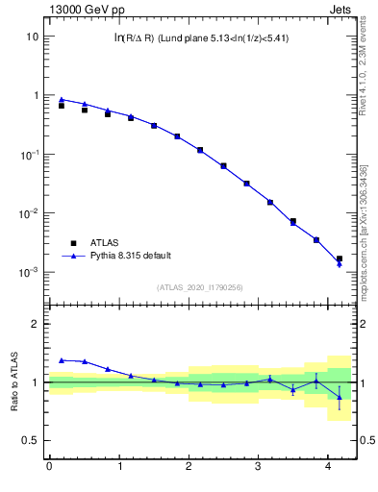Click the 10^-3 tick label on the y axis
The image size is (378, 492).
point(29,273)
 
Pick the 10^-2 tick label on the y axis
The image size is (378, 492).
point(29,213)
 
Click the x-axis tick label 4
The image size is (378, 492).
point(329,466)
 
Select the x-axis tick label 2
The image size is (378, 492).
point(189,466)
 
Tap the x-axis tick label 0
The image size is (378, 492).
point(49,466)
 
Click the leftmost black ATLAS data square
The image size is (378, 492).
point(62,105)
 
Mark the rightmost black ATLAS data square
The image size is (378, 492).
point(340,258)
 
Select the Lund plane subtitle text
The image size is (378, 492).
point(200,38)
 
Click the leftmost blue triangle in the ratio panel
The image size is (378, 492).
point(62,360)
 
